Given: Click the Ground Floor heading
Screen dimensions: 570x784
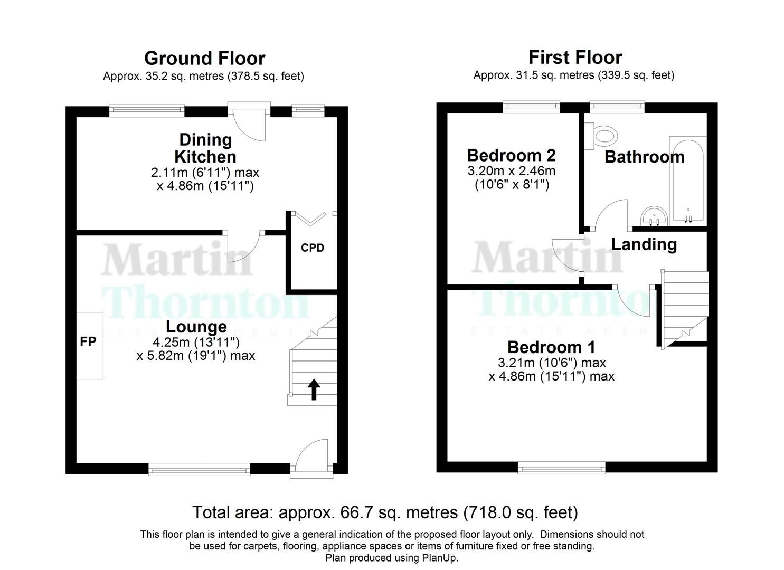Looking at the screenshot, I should pyautogui.click(x=204, y=58).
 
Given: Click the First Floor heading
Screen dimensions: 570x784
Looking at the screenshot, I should pyautogui.click(x=575, y=57).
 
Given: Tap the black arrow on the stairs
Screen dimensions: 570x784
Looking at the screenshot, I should pyautogui.click(x=314, y=389).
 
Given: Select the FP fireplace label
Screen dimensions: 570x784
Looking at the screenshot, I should pyautogui.click(x=88, y=342).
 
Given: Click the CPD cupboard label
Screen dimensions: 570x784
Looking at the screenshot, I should pyautogui.click(x=312, y=248).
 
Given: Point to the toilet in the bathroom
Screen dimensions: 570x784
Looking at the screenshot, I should pyautogui.click(x=603, y=135).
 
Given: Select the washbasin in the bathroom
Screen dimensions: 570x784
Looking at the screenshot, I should pyautogui.click(x=654, y=216).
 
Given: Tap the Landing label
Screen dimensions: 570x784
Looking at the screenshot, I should pyautogui.click(x=644, y=244).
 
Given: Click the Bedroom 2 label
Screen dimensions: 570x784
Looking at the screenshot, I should pyautogui.click(x=511, y=155).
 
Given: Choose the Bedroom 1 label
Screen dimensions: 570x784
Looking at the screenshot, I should pyautogui.click(x=551, y=347).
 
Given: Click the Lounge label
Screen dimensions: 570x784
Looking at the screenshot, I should pyautogui.click(x=196, y=327).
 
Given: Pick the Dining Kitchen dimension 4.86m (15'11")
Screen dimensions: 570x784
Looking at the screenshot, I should pyautogui.click(x=205, y=186).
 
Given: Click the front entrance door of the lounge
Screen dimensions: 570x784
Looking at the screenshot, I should pyautogui.click(x=311, y=457).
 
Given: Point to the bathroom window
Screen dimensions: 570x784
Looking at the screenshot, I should pyautogui.click(x=617, y=107).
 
